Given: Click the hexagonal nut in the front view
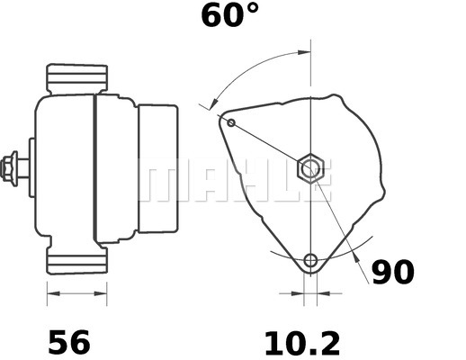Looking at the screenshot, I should tap(309, 166).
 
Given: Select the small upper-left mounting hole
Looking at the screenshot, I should tap(231, 122).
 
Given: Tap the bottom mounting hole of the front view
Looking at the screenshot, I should tap(310, 261).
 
